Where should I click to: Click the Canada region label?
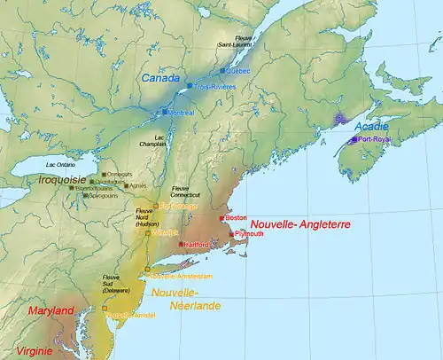coord(159,80)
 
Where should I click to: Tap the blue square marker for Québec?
coord(225,69)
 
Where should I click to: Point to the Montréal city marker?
coord(165,113)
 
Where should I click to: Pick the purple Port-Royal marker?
coord(354,139)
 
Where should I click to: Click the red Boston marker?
coord(223,217)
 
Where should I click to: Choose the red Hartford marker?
coord(181,244)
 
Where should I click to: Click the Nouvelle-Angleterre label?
coord(299,225)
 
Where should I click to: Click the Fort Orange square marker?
coord(156,206)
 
